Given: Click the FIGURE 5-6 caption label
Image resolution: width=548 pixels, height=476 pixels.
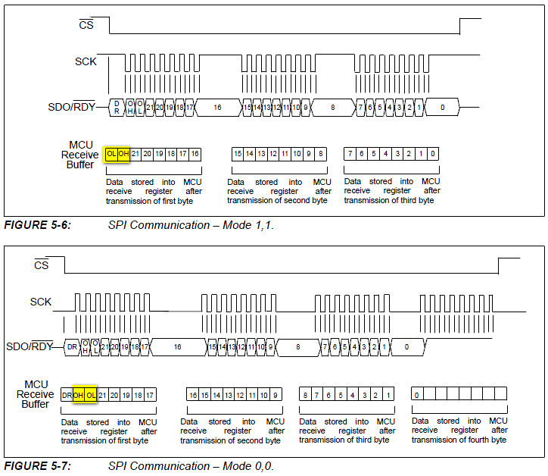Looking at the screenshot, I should (x=38, y=225).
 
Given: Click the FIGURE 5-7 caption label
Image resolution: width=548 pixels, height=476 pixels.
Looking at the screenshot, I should (x=38, y=466).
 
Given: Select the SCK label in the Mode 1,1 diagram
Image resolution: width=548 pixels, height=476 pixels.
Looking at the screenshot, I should (x=86, y=61).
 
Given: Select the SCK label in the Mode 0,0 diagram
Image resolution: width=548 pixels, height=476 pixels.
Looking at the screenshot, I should (x=41, y=302).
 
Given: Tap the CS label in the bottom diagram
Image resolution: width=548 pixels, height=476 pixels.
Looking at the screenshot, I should (x=41, y=265).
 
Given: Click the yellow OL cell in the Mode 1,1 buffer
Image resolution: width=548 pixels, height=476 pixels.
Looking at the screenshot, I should (x=112, y=154).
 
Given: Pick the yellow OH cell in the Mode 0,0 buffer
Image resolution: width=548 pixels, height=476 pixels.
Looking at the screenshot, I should (x=79, y=395).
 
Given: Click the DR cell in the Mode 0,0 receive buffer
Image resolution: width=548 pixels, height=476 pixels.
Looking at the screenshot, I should (x=67, y=395).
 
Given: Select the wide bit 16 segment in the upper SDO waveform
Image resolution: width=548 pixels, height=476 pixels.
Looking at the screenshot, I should (x=217, y=108).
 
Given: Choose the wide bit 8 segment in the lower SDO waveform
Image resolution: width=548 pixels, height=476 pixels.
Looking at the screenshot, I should (x=297, y=346).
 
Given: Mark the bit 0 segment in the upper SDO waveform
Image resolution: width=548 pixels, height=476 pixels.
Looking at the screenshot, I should (x=442, y=108).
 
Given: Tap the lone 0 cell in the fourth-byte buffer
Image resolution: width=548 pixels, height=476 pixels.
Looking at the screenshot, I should (x=417, y=395).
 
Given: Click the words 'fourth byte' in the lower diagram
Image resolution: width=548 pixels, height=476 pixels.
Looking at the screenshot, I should (x=484, y=440).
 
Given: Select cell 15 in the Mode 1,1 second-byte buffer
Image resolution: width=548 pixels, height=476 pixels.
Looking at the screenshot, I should (x=238, y=154).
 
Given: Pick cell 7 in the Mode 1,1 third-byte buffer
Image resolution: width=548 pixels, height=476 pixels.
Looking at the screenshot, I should (x=350, y=154).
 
